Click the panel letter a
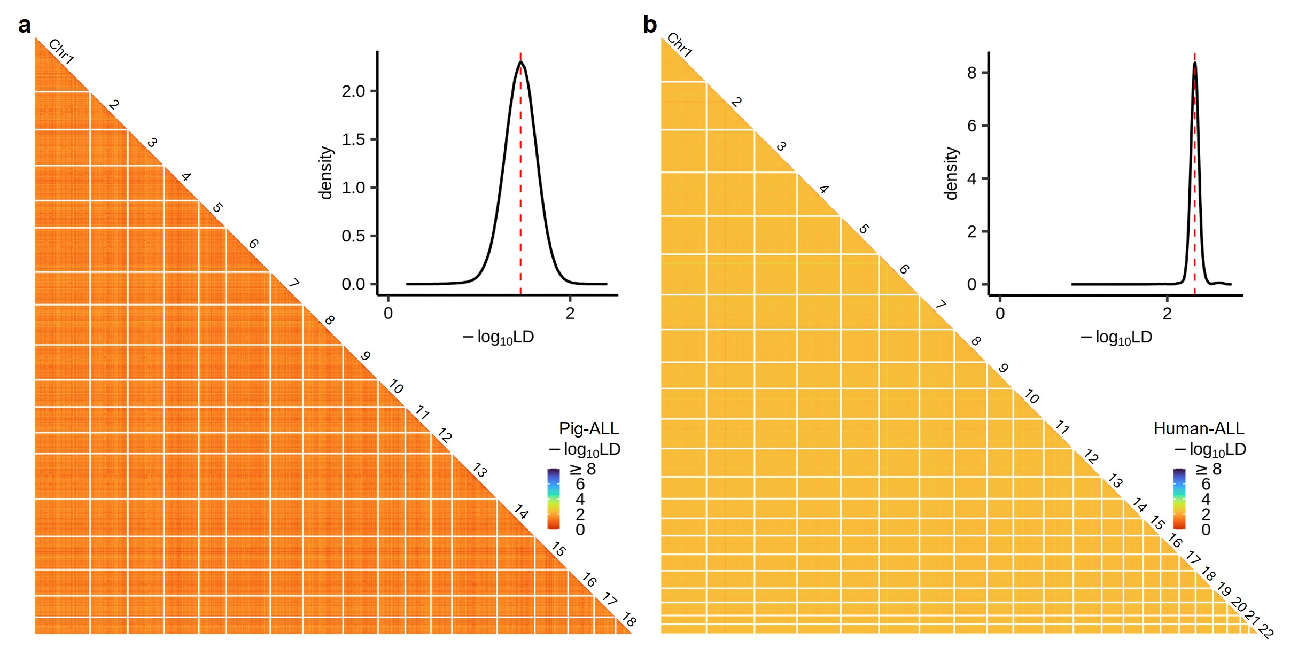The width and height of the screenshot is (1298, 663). tap(25, 25)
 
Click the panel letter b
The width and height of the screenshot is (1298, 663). tap(650, 25)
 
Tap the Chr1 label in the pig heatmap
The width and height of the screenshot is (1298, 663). tap(61, 52)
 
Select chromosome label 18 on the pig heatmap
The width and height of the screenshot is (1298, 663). tap(629, 620)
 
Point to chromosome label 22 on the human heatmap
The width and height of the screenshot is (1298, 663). tap(1266, 631)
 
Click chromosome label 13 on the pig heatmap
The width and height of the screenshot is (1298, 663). tap(480, 470)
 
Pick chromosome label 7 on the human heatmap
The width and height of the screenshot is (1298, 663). tap(941, 305)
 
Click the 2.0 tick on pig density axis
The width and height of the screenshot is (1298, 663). tap(353, 91)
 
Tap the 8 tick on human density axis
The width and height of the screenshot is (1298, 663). tap(972, 73)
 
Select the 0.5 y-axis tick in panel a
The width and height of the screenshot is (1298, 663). tap(353, 236)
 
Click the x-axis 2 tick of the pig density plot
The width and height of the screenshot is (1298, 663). tap(570, 313)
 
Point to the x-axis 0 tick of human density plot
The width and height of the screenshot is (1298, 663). tap(1000, 313)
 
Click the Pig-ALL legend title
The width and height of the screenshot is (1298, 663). tap(589, 428)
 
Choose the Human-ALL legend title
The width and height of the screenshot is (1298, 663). tap(1199, 428)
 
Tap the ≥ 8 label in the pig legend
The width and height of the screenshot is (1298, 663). tap(583, 469)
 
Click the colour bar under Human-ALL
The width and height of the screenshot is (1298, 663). tap(1179, 499)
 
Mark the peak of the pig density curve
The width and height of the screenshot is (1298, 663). tap(520, 62)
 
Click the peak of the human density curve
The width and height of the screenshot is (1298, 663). tap(1195, 63)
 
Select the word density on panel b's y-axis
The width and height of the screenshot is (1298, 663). tap(951, 174)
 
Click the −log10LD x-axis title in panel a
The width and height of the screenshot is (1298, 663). tap(499, 337)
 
